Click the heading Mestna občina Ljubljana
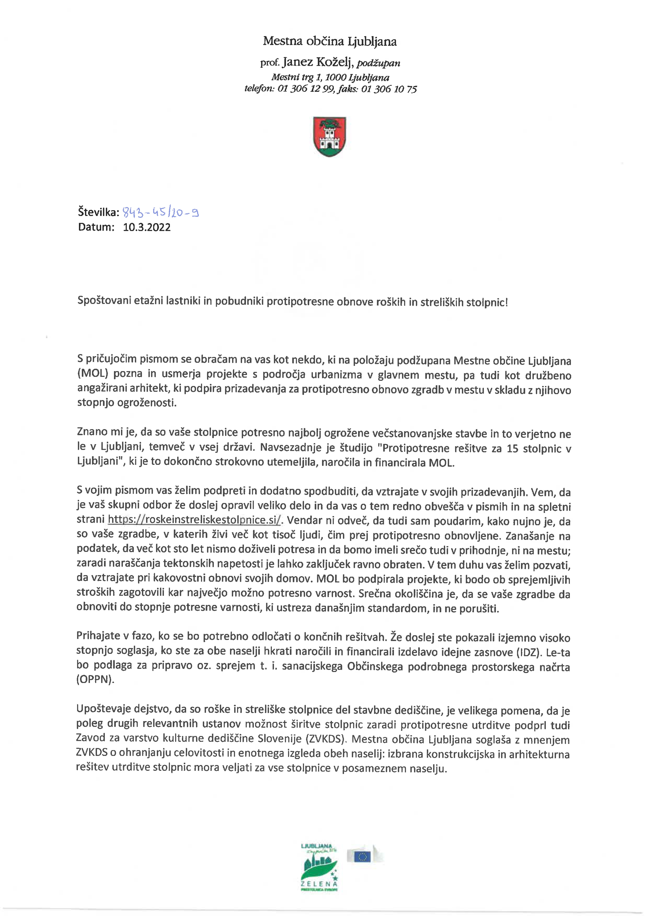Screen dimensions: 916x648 pos(330,41)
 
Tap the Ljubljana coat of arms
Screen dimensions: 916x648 pos(330,136)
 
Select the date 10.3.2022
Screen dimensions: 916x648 pos(147,227)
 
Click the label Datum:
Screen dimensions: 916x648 pos(96,227)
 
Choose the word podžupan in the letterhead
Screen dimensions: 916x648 pos(378,63)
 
